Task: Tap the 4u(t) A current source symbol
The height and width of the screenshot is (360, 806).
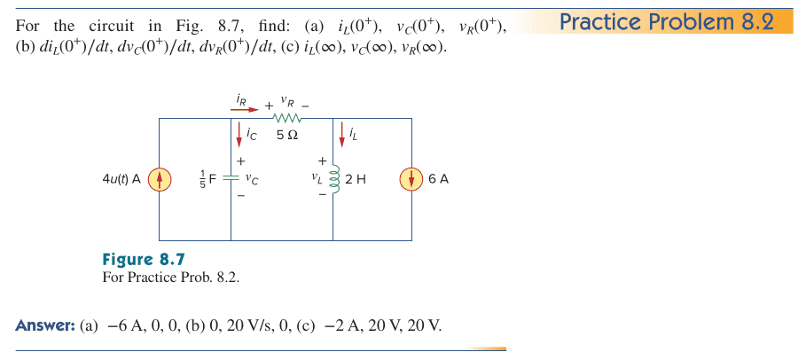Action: click(159, 179)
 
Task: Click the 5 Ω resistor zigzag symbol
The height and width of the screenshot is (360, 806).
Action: click(289, 119)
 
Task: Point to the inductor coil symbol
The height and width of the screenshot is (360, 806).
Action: click(333, 178)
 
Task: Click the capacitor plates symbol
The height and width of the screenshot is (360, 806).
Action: click(231, 178)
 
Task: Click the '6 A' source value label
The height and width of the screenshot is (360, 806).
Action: click(438, 179)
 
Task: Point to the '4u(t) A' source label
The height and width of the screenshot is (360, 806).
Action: click(122, 179)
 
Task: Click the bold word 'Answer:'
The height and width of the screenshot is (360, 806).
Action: click(45, 325)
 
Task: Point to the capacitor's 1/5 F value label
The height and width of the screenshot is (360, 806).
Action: click(202, 179)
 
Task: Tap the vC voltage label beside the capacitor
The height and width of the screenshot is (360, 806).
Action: click(253, 179)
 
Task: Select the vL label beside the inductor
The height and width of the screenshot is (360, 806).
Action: click(316, 177)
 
